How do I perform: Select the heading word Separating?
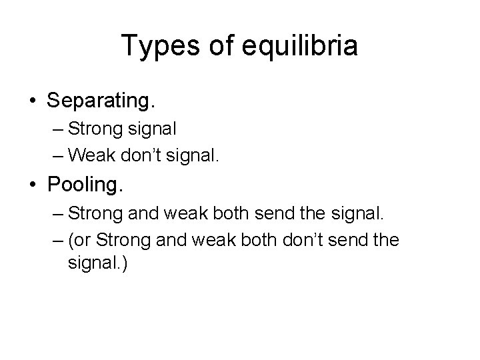(x=101, y=101)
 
